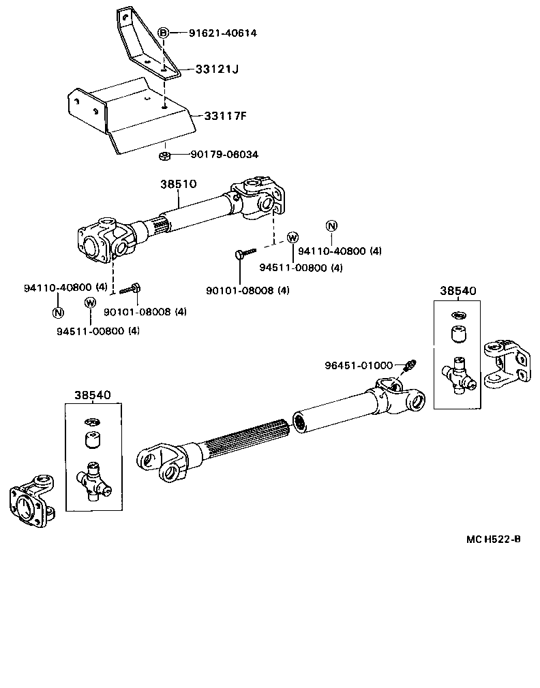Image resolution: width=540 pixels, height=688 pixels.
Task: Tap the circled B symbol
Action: (x=164, y=33)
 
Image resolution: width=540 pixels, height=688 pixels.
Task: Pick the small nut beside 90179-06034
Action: (x=164, y=156)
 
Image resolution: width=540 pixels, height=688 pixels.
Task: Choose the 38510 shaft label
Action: (x=179, y=184)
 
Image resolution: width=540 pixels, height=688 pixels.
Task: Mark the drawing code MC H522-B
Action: (x=494, y=540)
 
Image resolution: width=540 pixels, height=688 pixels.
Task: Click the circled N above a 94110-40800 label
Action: (x=331, y=226)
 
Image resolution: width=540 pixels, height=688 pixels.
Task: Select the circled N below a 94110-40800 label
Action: (x=57, y=313)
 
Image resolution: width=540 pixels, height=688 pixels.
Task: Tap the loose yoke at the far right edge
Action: (x=506, y=364)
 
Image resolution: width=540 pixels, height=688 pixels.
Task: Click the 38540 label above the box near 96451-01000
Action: (x=457, y=291)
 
